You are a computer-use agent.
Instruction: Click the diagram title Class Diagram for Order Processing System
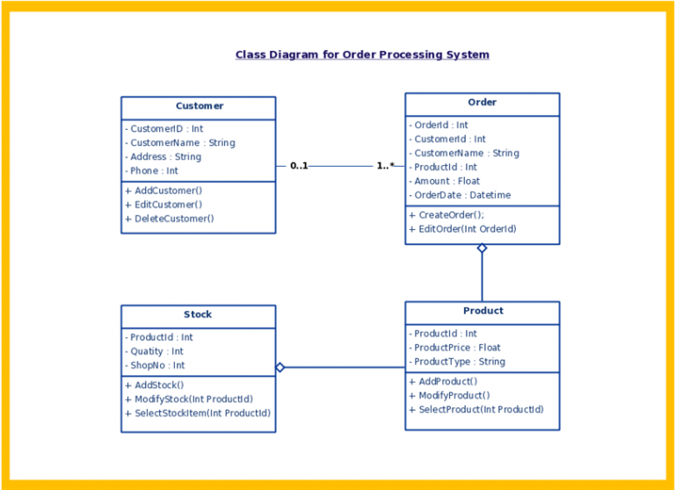(x=362, y=55)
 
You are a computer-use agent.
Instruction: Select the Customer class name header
(x=200, y=106)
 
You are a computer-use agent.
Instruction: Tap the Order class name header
(x=483, y=103)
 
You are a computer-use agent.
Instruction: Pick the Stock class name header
(x=198, y=314)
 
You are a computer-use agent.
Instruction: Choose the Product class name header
(x=483, y=311)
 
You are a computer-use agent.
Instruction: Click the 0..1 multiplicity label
(x=299, y=166)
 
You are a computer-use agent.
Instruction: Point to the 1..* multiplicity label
(x=385, y=166)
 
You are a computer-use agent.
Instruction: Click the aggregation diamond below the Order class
(x=483, y=249)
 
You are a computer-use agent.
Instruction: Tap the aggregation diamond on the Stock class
(x=280, y=367)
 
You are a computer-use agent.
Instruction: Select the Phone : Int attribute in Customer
(x=151, y=170)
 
